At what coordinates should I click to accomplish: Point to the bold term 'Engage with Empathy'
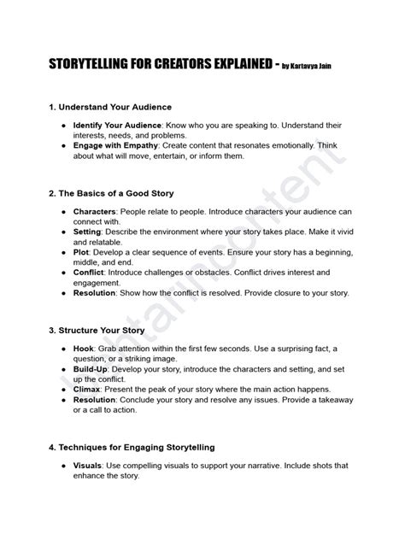109,145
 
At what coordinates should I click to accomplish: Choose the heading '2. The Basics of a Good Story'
110,193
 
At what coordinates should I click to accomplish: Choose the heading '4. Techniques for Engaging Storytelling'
131,447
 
